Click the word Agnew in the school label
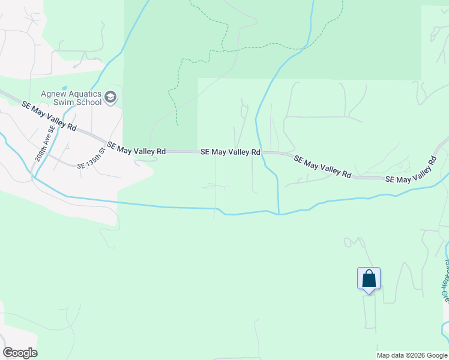pyautogui.click(x=53, y=94)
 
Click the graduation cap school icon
pyautogui.click(x=110, y=97)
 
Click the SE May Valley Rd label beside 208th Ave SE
pyautogui.click(x=49, y=115)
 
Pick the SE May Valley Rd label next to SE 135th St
pyautogui.click(x=136, y=149)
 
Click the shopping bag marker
pyautogui.click(x=369, y=280)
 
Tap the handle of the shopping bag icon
pyautogui.click(x=369, y=274)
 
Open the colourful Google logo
pyautogui.click(x=20, y=353)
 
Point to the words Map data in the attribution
pyautogui.click(x=390, y=355)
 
